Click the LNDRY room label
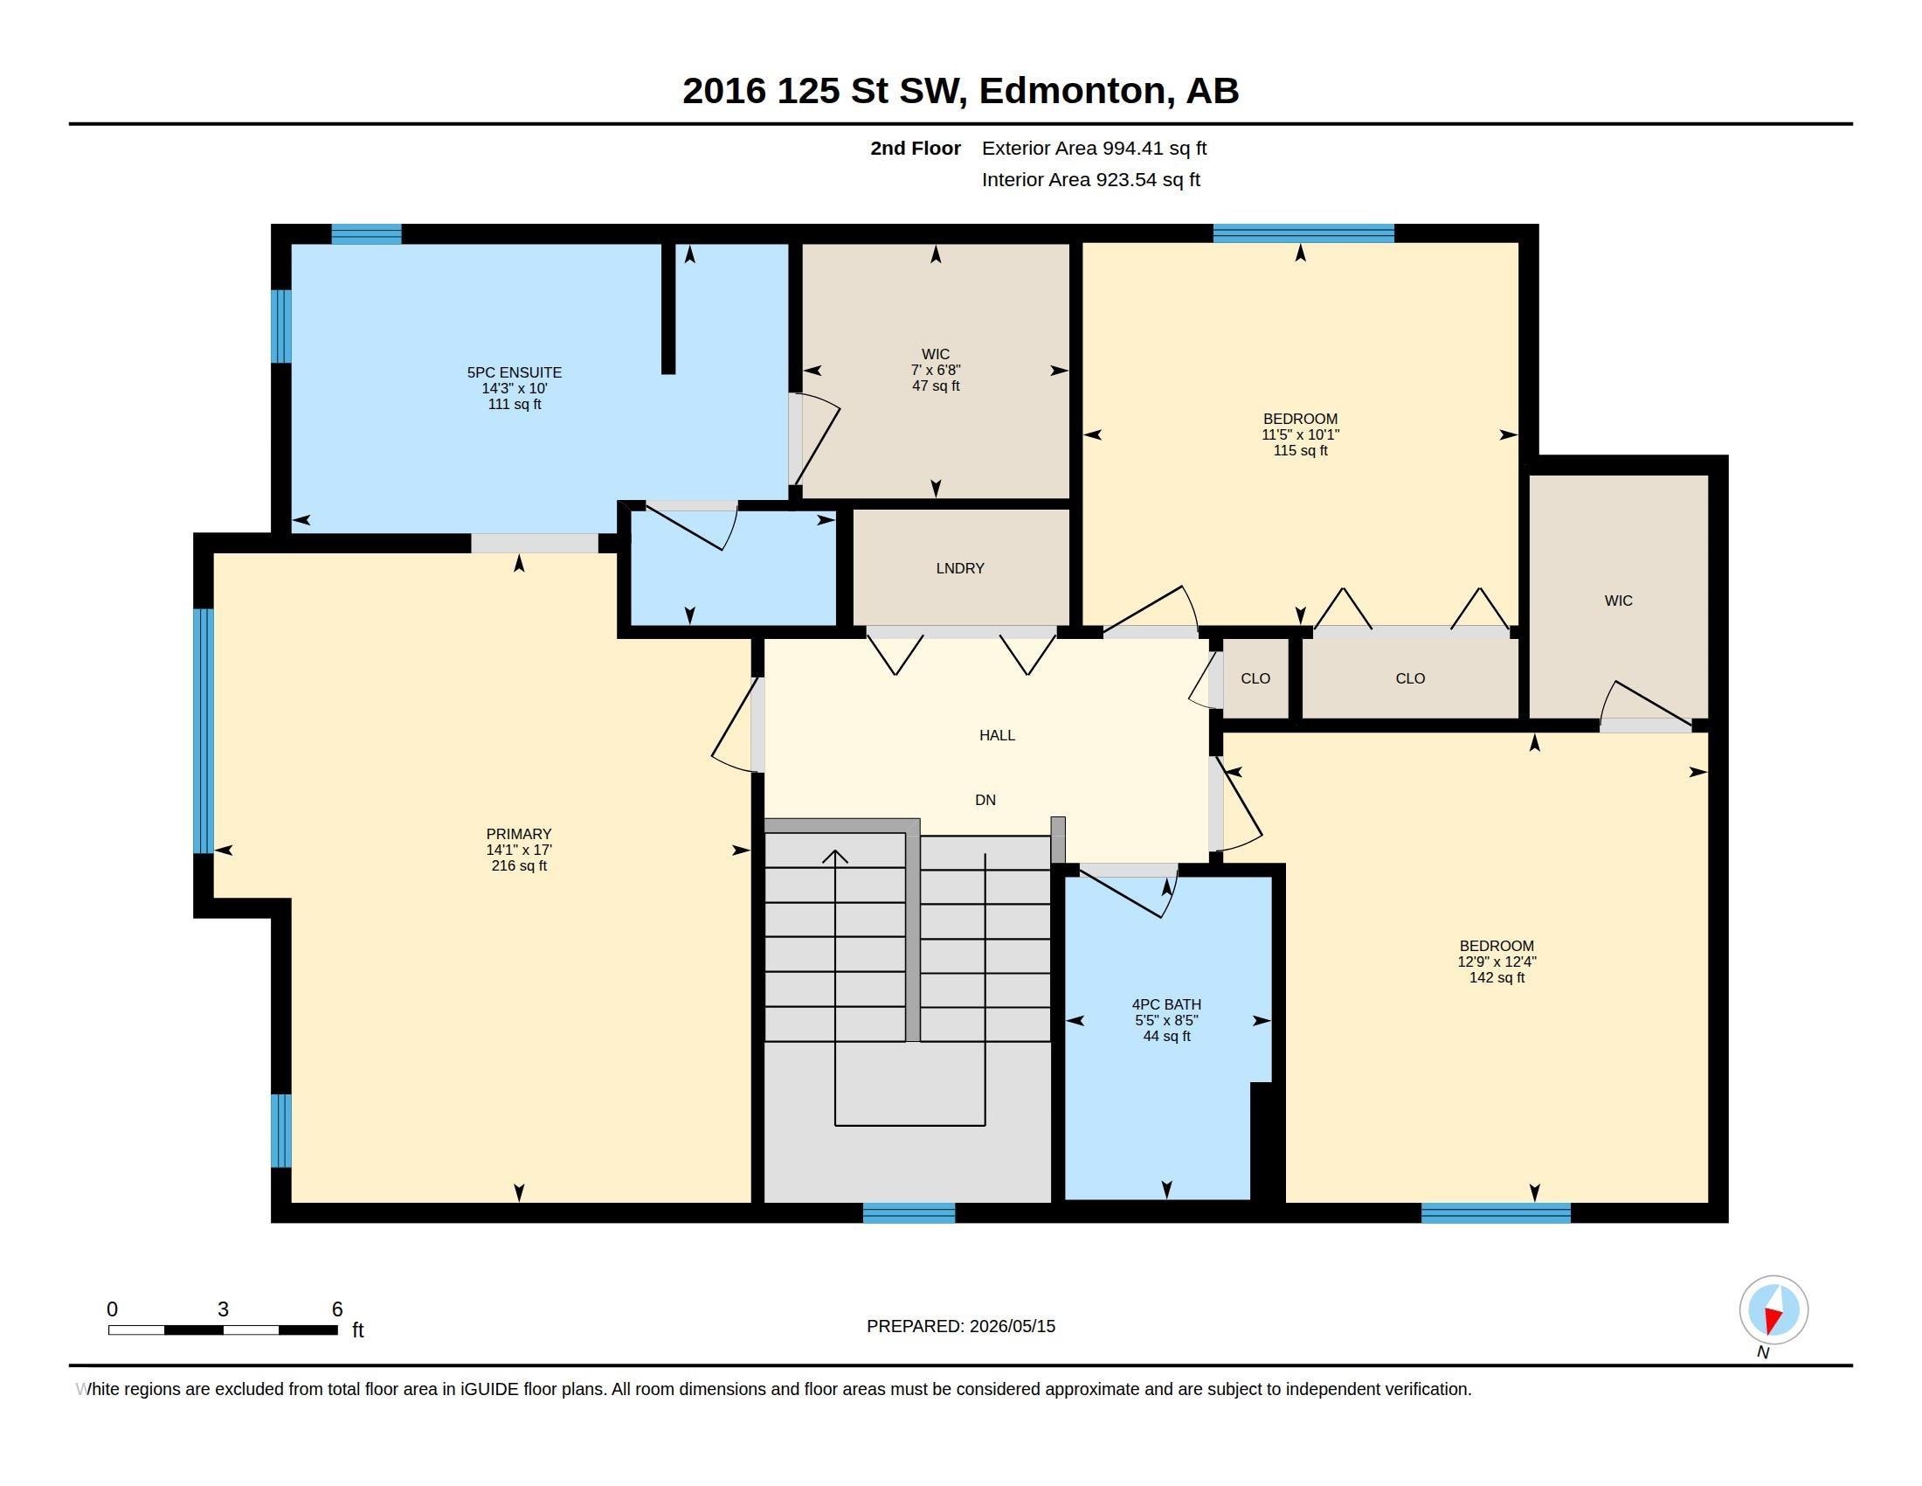(x=959, y=569)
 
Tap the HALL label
(x=997, y=735)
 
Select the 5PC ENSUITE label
(x=514, y=372)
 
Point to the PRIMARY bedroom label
(x=518, y=834)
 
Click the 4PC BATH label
(x=1166, y=1004)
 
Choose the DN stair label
(x=985, y=800)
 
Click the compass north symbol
(x=1773, y=1312)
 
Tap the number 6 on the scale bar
(x=337, y=1309)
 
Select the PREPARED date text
(x=961, y=1326)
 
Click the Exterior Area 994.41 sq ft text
(x=1094, y=148)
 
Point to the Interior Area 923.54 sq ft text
(x=1090, y=179)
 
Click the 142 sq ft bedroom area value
(x=1497, y=978)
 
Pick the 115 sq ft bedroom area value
(x=1300, y=451)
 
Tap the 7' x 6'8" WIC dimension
(x=936, y=371)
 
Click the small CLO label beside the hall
(x=1255, y=678)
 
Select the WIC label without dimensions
(x=1618, y=601)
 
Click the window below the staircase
(x=909, y=1212)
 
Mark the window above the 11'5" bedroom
(x=1303, y=233)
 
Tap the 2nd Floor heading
(x=916, y=148)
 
